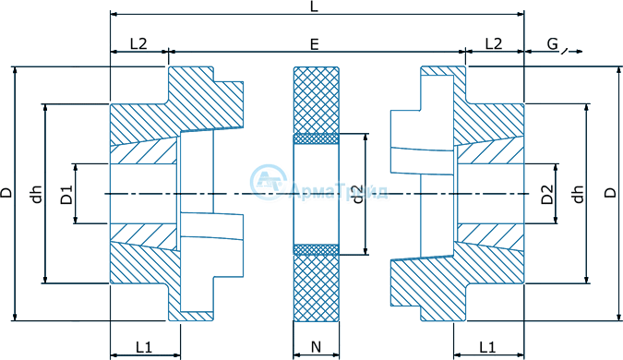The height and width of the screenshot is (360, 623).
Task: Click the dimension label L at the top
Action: [x=314, y=6]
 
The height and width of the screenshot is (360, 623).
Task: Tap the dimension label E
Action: [x=315, y=44]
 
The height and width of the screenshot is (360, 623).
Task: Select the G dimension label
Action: [x=553, y=43]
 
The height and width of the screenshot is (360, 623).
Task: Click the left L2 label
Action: [x=138, y=43]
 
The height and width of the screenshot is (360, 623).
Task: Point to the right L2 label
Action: [x=494, y=43]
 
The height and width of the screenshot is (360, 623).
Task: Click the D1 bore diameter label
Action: [x=66, y=194]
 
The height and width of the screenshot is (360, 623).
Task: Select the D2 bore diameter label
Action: [x=547, y=194]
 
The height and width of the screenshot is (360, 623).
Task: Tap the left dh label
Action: [x=37, y=194]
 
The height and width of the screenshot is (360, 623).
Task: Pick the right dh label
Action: [x=579, y=194]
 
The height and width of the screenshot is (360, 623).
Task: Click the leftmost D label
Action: [x=6, y=193]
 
